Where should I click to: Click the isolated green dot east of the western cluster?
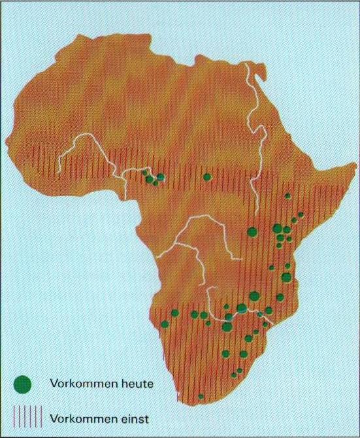(x=207, y=177)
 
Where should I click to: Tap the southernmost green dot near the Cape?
(x=201, y=396)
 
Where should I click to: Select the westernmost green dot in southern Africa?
(x=165, y=323)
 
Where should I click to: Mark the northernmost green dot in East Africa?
(x=287, y=195)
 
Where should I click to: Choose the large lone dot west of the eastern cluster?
(x=252, y=231)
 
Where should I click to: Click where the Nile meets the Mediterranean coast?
(x=248, y=65)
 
